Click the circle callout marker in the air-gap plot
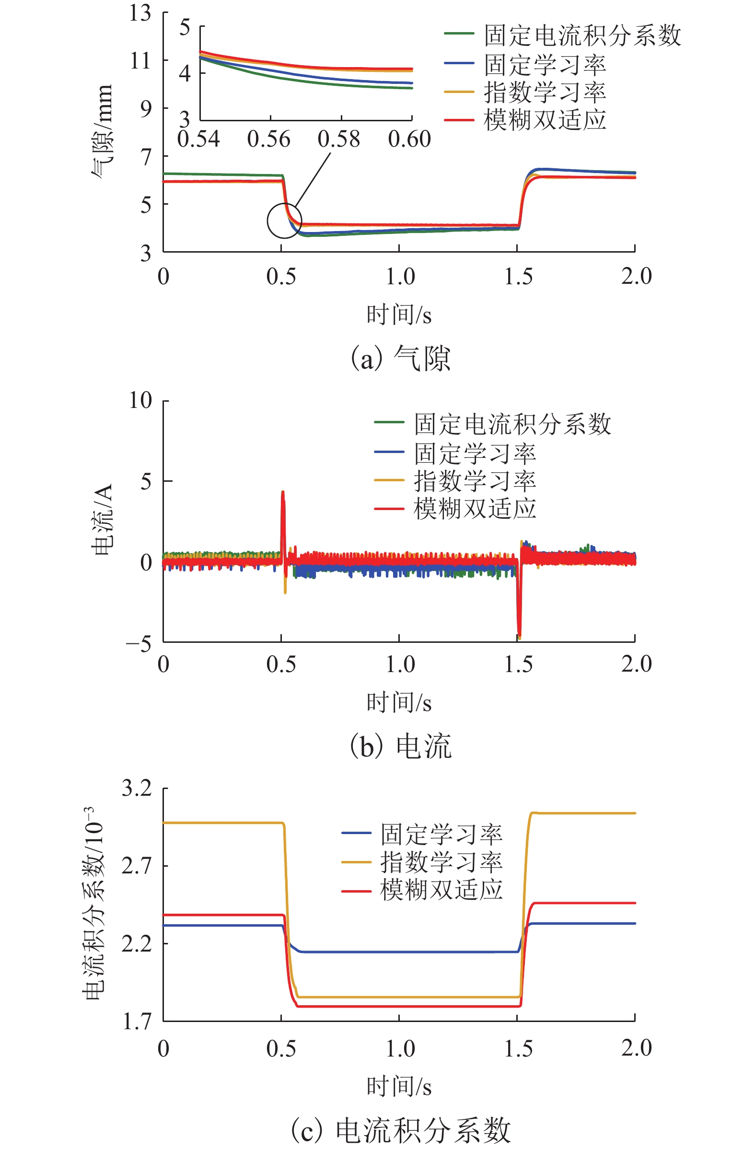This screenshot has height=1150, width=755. click(285, 221)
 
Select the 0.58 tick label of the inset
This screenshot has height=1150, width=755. click(338, 139)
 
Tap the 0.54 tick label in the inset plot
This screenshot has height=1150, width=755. click(198, 139)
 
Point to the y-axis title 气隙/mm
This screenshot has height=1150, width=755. click(103, 131)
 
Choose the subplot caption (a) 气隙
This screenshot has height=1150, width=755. click(400, 359)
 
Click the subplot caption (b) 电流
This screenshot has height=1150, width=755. click(400, 746)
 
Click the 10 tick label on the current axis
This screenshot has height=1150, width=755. click(140, 401)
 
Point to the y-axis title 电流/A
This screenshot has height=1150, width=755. click(103, 520)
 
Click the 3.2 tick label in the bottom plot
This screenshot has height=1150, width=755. click(137, 789)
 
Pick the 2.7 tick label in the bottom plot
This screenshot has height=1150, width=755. click(137, 866)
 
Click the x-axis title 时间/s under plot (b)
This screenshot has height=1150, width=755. click(399, 703)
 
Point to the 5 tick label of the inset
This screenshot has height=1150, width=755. click(185, 27)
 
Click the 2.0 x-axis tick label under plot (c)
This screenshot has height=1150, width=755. click(636, 1048)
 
